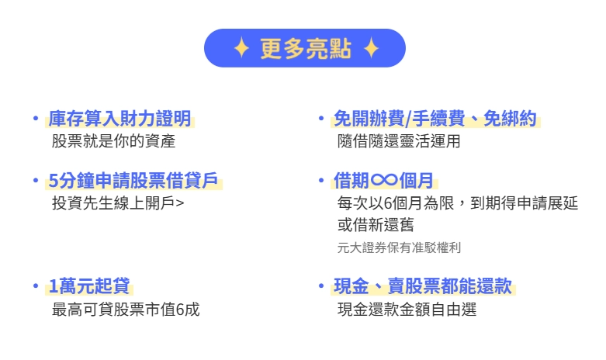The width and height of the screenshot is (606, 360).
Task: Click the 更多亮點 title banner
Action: (305, 49)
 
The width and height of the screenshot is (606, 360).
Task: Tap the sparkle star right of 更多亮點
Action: (371, 49)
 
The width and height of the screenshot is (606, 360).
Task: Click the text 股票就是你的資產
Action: (113, 141)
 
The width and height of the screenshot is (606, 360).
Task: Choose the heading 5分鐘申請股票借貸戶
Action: (134, 182)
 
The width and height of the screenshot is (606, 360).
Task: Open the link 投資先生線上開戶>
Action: (118, 204)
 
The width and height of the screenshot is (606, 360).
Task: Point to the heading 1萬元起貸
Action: (90, 286)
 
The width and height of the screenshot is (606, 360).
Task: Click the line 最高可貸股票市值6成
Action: (125, 310)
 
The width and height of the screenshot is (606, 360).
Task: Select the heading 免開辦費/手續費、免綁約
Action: (435, 119)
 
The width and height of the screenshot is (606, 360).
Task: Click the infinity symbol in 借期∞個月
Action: (384, 182)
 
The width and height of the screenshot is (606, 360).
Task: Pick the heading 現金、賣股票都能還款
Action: (423, 286)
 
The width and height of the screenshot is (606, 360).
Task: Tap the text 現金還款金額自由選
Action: (407, 310)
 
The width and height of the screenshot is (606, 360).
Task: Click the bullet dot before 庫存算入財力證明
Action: (35, 119)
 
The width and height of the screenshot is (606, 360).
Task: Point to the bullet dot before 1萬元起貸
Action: (35, 286)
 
